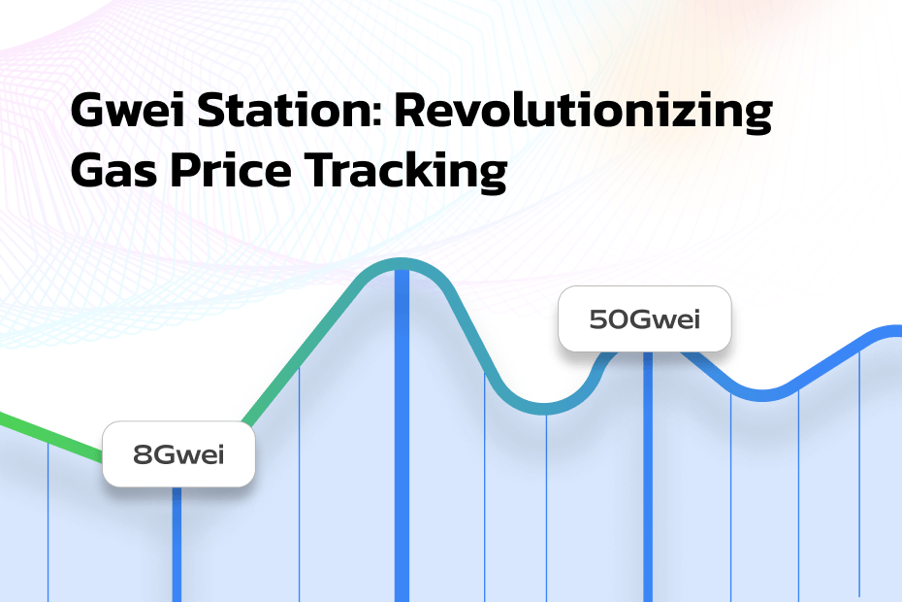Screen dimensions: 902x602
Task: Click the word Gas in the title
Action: pos(113,170)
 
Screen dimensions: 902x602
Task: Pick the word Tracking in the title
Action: pos(405,172)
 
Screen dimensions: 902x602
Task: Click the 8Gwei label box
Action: pos(178,454)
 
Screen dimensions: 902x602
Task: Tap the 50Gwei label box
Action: pos(645,318)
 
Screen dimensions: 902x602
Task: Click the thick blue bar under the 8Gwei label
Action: pos(177,545)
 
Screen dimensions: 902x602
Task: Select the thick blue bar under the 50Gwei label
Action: pos(648,477)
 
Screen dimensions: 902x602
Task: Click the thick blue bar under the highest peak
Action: pos(402,436)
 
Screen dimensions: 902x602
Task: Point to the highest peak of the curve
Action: pos(402,264)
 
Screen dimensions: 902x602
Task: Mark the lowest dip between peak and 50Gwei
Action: pos(543,409)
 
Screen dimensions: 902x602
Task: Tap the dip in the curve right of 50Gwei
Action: pos(762,396)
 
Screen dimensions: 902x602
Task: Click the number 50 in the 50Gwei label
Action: pos(610,319)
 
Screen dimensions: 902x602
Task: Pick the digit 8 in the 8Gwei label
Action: pos(142,455)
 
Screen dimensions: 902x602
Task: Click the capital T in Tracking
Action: pos(320,170)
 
